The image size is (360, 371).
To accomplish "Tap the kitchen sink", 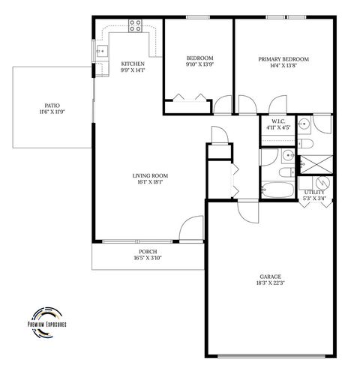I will tap(100, 52).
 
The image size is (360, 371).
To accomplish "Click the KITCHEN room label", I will tap(132, 64).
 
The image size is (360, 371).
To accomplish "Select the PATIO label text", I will tap(52, 106).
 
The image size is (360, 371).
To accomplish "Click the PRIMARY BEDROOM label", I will tap(283, 59).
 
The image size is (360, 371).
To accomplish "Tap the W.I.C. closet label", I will tap(278, 120).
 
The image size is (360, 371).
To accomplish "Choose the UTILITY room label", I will tap(314, 193).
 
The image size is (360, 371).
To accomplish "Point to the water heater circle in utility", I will tap(322, 182).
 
